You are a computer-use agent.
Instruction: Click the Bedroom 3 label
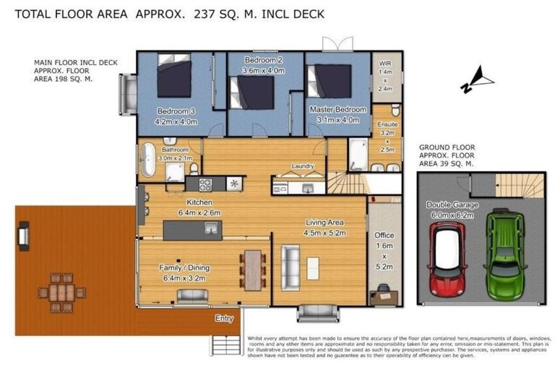[176, 111]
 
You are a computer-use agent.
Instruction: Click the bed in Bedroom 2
[252, 93]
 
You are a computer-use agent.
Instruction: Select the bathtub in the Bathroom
[147, 160]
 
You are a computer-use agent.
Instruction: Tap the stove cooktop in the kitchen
[205, 184]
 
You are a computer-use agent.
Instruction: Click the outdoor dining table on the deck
[59, 292]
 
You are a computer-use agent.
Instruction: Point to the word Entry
[224, 318]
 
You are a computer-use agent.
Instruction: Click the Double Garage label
[449, 205]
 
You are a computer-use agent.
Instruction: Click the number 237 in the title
[206, 14]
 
